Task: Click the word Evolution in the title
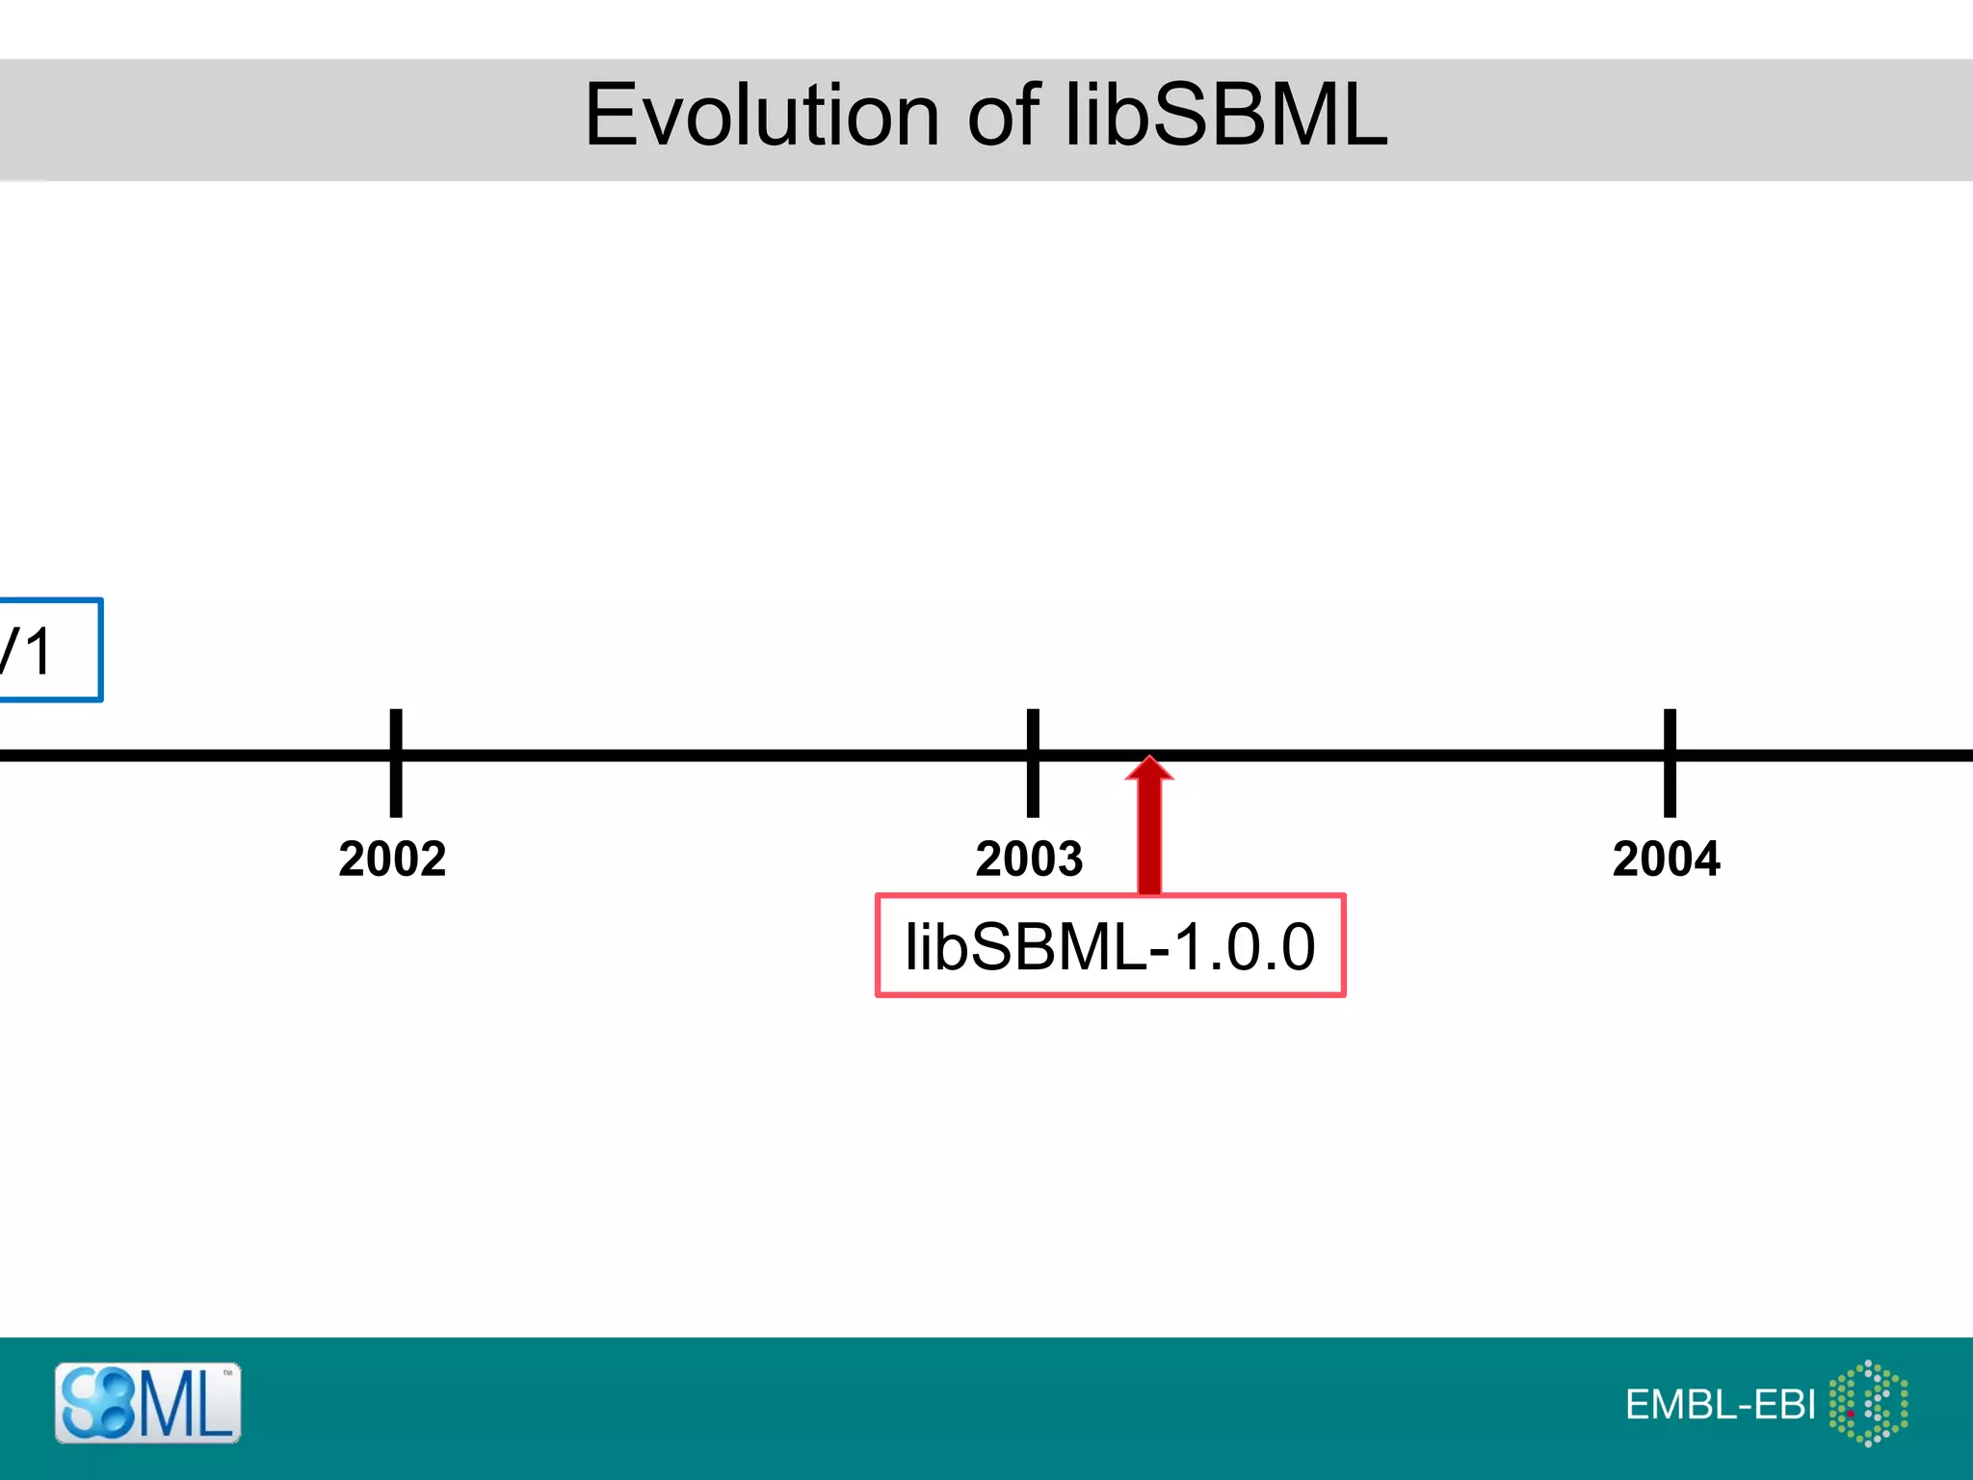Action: pyautogui.click(x=761, y=116)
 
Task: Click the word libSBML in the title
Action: pyautogui.click(x=1225, y=116)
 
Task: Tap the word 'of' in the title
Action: pyautogui.click(x=1003, y=116)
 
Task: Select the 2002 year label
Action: pyautogui.click(x=392, y=859)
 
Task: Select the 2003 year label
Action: pyautogui.click(x=1029, y=859)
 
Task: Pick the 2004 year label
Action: pyautogui.click(x=1666, y=859)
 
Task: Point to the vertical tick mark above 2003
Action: pyautogui.click(x=1033, y=732)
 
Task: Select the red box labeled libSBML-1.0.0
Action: pyautogui.click(x=1110, y=945)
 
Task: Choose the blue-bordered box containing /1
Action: pyautogui.click(x=48, y=649)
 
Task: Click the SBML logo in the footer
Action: pyautogui.click(x=147, y=1403)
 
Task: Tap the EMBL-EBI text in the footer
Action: pyautogui.click(x=1720, y=1405)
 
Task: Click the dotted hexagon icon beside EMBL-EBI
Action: pyautogui.click(x=1868, y=1403)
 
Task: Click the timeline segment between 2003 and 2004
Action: pyautogui.click(x=1397, y=755)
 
